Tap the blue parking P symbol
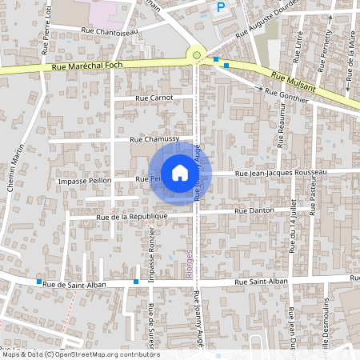[221, 7]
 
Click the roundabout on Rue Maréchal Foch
[196, 55]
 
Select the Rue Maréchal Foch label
[86, 68]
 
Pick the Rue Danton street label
[255, 210]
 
